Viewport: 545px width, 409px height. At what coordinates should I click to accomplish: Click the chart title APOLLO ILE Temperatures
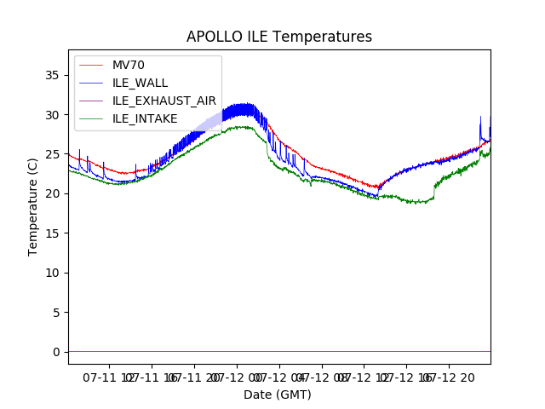(x=279, y=37)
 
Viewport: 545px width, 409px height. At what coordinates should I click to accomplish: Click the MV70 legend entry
(x=134, y=65)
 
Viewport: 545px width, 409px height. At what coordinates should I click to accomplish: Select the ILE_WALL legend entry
(x=140, y=83)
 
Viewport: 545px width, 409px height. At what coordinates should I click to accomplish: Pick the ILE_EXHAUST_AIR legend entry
(x=164, y=101)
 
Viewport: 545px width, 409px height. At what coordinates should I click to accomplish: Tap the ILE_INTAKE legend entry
(x=145, y=118)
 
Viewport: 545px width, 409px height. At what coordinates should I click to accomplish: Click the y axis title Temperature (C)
(x=33, y=206)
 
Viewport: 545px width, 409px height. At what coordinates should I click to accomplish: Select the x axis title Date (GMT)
(x=278, y=395)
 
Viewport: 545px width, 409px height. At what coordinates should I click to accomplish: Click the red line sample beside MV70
(x=90, y=65)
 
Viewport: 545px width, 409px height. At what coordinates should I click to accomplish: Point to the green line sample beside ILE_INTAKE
(x=90, y=118)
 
